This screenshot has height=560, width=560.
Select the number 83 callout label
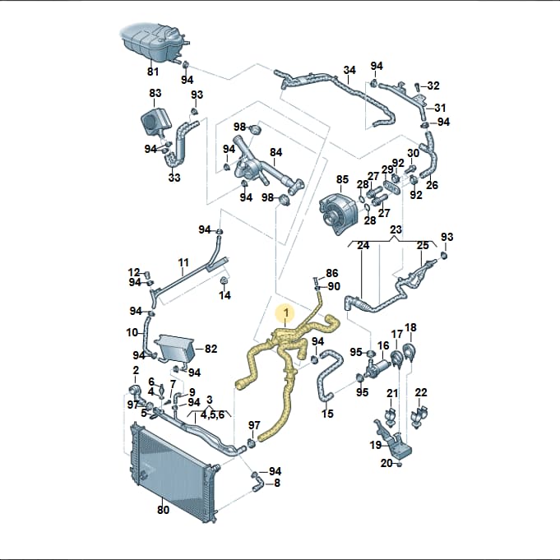click(155, 93)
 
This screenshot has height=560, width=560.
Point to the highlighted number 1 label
click(285, 313)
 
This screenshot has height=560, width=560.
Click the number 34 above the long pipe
click(349, 70)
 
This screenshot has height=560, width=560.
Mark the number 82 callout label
click(211, 349)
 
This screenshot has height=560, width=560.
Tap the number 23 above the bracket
click(396, 229)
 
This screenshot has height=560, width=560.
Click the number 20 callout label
click(386, 463)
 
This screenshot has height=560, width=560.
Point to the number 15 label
click(327, 414)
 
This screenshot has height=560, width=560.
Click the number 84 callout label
click(275, 152)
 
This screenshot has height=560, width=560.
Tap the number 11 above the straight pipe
click(183, 263)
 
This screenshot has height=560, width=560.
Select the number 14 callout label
click(224, 295)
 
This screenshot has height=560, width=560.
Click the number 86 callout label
click(331, 273)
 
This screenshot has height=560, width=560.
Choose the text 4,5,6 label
click(212, 414)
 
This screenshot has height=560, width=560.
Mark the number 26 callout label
click(432, 185)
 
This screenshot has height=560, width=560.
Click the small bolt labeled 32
click(417, 87)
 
